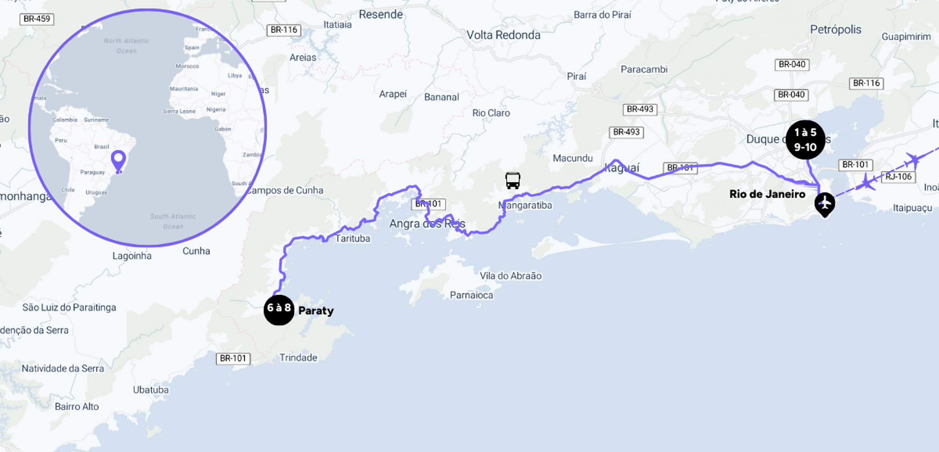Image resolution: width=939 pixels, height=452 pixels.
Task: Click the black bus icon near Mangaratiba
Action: point(513,180)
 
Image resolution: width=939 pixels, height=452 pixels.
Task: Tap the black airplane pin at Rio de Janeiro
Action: point(824,203)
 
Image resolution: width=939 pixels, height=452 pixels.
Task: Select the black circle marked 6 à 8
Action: point(279,309)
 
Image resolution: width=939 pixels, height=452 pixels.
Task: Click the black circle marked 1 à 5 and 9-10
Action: point(805,139)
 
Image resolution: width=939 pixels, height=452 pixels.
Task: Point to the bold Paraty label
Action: point(316,311)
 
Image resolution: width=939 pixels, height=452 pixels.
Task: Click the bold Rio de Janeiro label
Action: point(767,194)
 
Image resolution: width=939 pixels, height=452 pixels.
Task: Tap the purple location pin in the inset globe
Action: point(119,161)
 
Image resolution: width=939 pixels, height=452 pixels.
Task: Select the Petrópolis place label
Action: point(835,30)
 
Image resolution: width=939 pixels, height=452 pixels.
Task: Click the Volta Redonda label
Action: point(503,35)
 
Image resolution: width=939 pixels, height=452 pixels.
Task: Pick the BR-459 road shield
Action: point(37,19)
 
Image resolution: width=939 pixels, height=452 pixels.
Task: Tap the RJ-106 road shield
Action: point(898,177)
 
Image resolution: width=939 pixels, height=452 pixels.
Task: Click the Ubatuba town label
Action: point(151,390)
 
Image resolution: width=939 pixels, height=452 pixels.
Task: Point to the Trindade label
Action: point(298,358)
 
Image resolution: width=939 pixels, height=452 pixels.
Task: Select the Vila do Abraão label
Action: point(510,276)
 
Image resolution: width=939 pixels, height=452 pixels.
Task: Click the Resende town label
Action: point(381,15)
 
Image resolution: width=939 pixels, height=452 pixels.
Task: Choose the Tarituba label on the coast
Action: point(353,238)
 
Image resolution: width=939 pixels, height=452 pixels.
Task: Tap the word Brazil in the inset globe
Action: point(101,147)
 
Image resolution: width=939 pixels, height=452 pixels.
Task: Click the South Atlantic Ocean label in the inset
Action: point(173,221)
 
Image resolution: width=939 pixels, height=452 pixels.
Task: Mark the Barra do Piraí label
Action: point(602,15)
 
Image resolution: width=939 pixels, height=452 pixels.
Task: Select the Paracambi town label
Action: point(644,69)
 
